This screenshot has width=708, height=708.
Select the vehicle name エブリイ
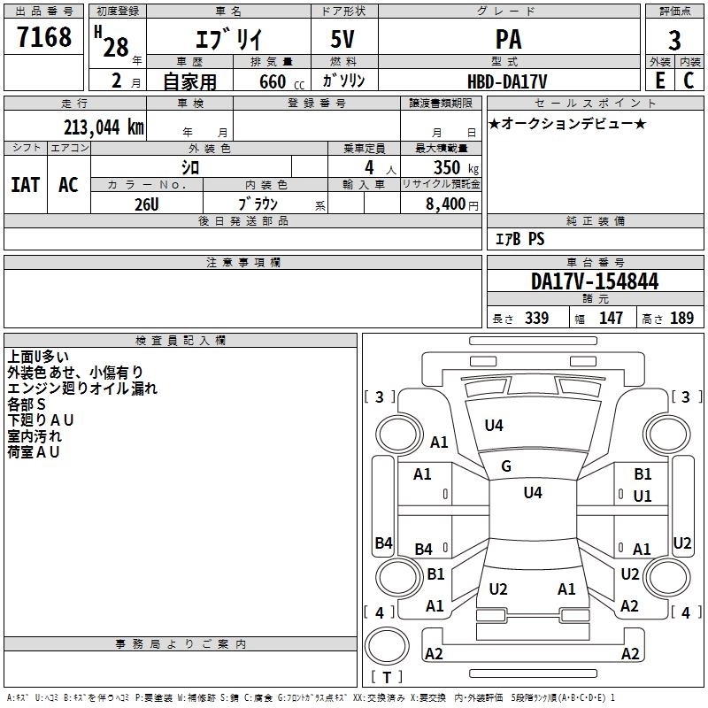[226, 41]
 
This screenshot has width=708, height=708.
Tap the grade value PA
[508, 40]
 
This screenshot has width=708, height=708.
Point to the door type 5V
[344, 40]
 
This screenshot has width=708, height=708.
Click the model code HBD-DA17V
[507, 81]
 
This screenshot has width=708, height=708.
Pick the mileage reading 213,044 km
[104, 127]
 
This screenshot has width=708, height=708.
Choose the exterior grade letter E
[659, 81]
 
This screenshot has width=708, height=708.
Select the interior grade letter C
[689, 81]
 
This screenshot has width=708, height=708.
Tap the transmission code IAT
[25, 185]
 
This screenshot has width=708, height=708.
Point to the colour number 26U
[146, 204]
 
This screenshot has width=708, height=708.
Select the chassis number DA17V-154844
[595, 282]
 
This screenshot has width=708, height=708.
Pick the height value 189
[681, 319]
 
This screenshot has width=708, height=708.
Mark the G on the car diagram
[506, 466]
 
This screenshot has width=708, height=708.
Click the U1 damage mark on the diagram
[643, 496]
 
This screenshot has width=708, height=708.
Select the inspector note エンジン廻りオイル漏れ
[82, 389]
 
